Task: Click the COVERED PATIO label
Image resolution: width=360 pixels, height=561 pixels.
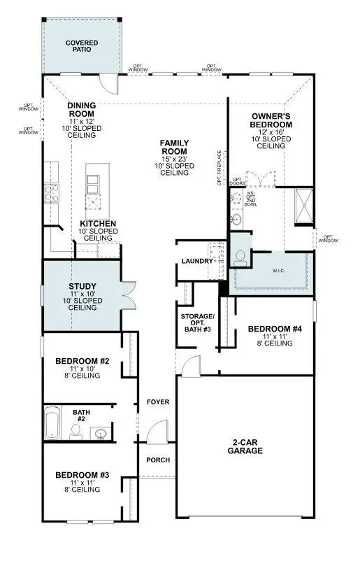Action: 82,46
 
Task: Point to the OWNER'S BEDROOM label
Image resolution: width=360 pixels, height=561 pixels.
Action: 271,120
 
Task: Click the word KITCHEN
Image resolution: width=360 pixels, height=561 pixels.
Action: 97,224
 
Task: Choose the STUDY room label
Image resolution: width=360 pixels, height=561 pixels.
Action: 82,286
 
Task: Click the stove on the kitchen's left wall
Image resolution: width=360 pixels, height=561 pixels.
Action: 51,192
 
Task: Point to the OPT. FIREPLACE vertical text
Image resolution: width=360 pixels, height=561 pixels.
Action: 219,169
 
